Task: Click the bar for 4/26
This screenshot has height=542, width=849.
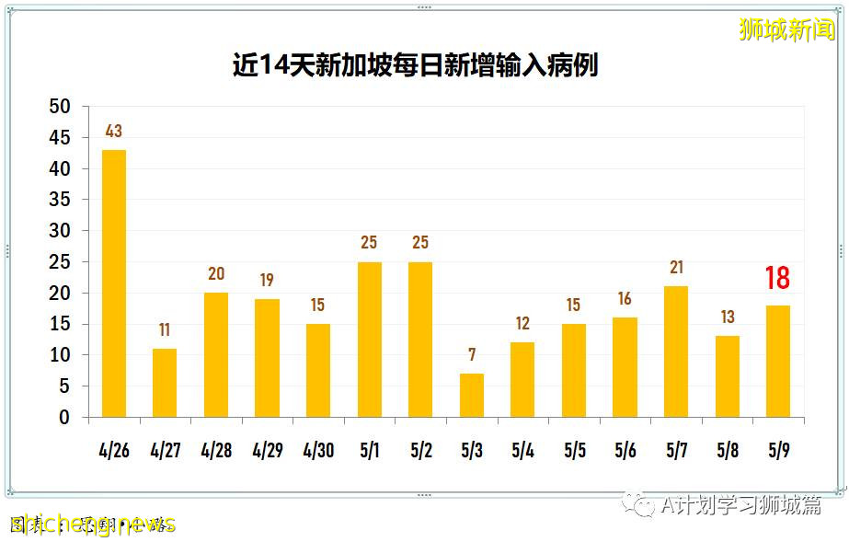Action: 113,283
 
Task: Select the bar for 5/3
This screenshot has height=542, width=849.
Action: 471,395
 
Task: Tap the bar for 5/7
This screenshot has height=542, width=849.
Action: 676,352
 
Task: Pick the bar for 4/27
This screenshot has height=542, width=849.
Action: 165,383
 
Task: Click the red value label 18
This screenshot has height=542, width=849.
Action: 777,278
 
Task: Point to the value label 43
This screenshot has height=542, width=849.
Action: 113,132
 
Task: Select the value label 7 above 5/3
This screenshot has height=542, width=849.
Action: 471,355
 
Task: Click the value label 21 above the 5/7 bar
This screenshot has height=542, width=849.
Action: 676,268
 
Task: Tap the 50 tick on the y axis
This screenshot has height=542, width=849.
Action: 59,107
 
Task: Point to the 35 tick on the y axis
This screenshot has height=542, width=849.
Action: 59,200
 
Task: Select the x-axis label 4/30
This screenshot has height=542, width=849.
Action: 317,451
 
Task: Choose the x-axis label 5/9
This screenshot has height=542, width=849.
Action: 778,451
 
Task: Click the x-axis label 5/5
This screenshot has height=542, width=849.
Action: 574,451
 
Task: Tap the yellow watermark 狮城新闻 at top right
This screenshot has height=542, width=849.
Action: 786,29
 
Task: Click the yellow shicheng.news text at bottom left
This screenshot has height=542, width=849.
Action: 92,525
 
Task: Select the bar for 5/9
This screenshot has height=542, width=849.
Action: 778,362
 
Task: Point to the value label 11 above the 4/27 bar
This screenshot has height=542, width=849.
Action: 165,330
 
